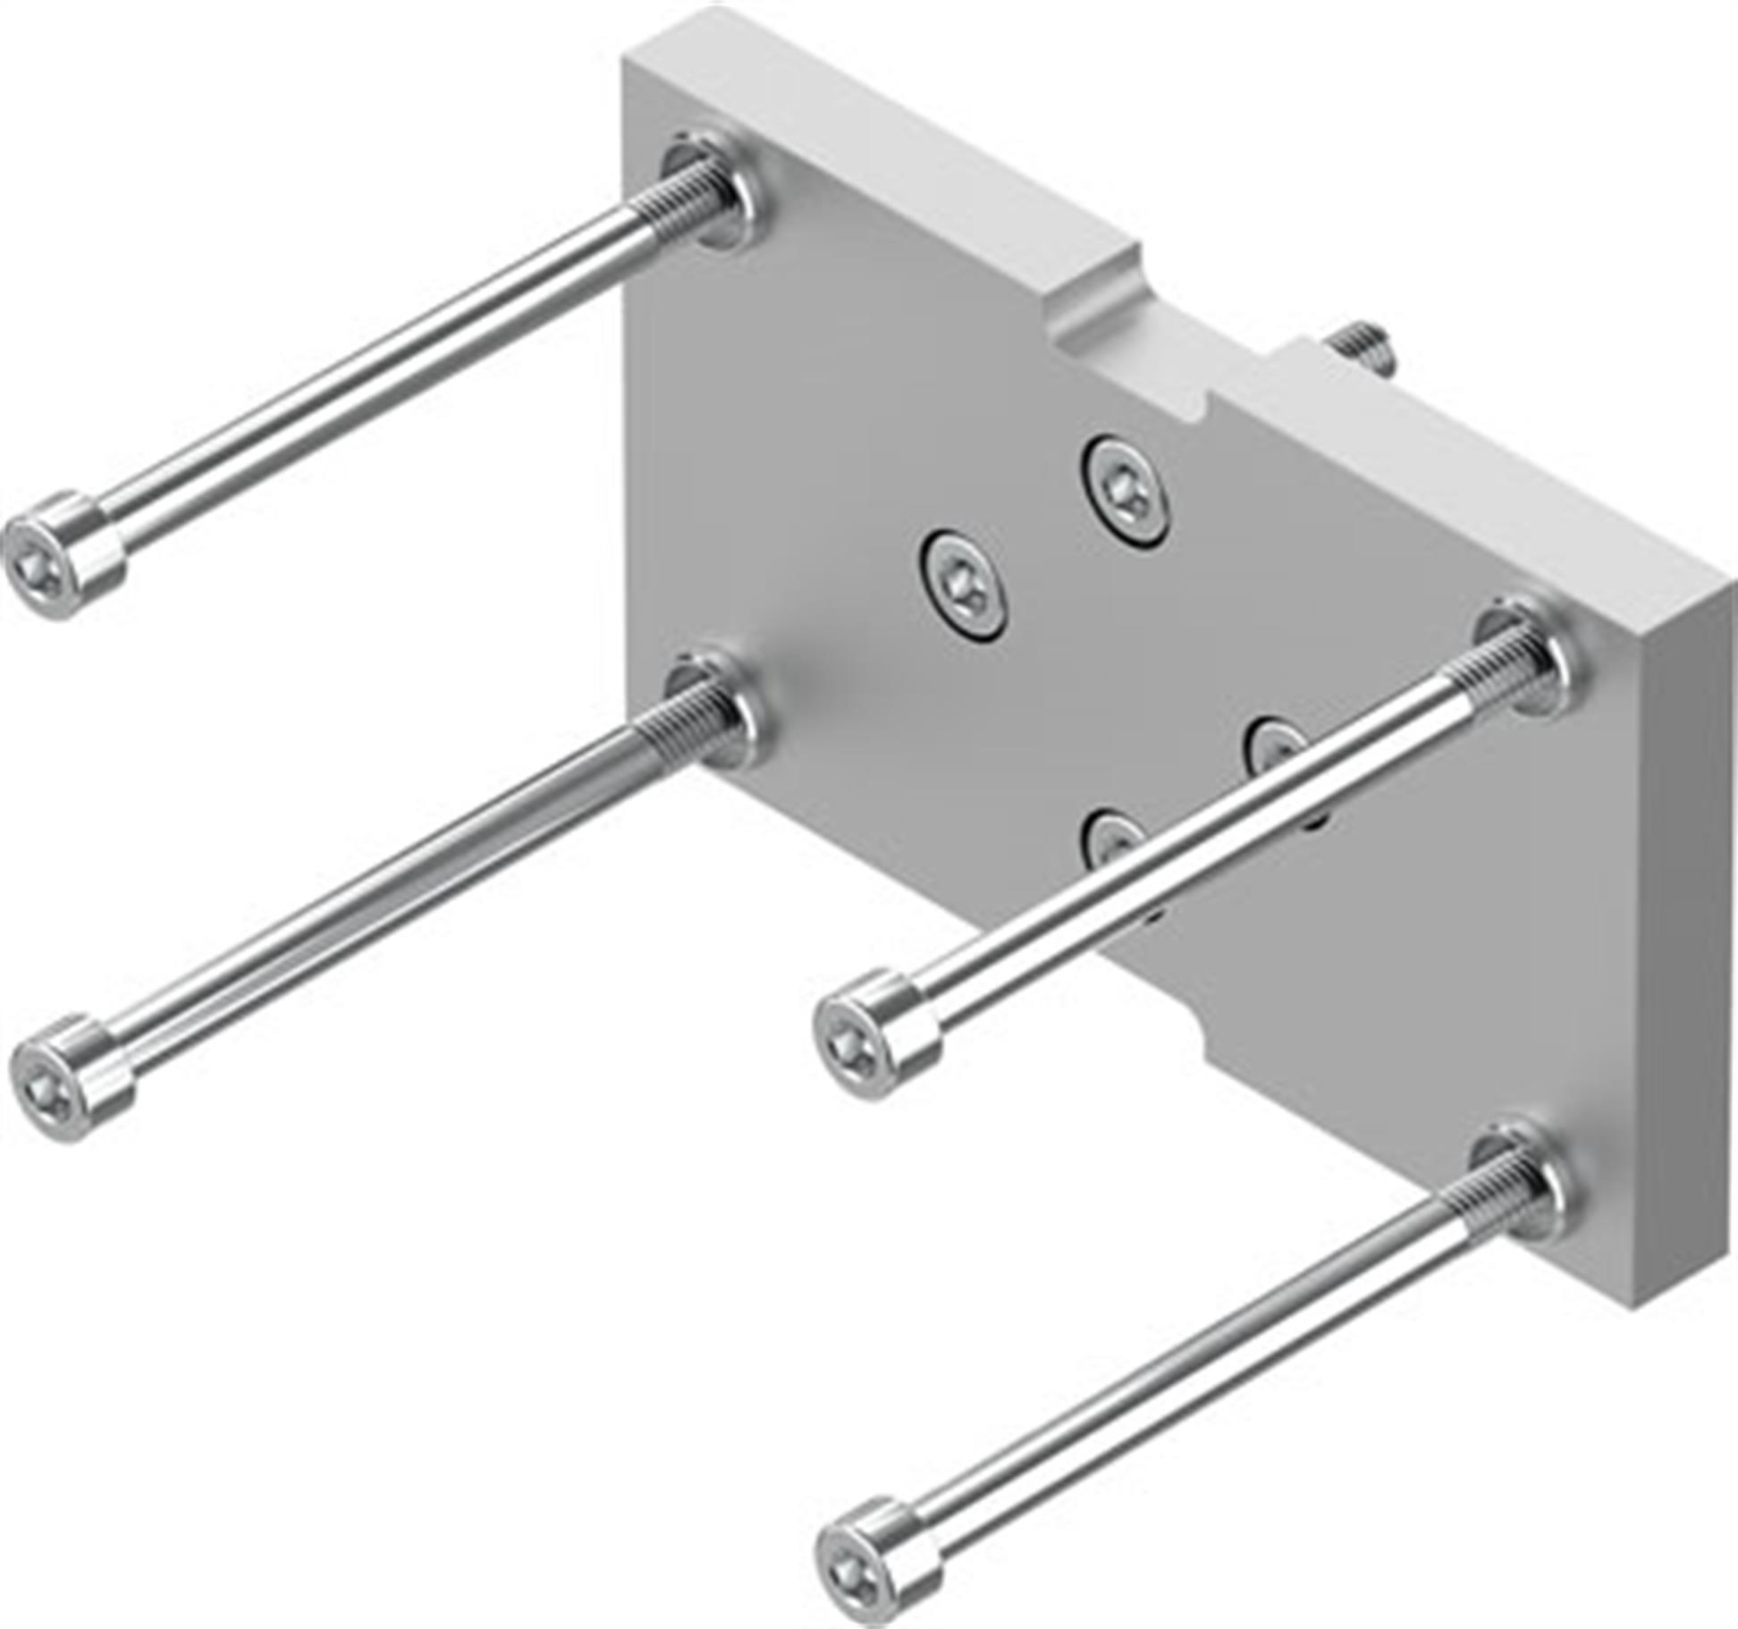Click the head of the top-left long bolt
[x=63, y=554]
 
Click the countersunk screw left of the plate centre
[x=963, y=586]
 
